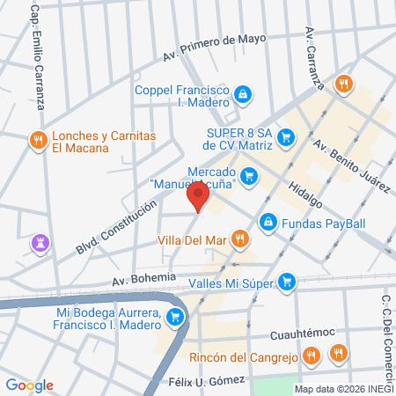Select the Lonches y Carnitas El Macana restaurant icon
(37, 140)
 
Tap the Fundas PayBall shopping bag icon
(268, 222)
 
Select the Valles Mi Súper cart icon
(286, 282)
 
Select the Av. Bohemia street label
(145, 281)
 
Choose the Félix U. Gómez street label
(207, 380)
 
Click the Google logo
(30, 385)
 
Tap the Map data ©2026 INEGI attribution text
(344, 389)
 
